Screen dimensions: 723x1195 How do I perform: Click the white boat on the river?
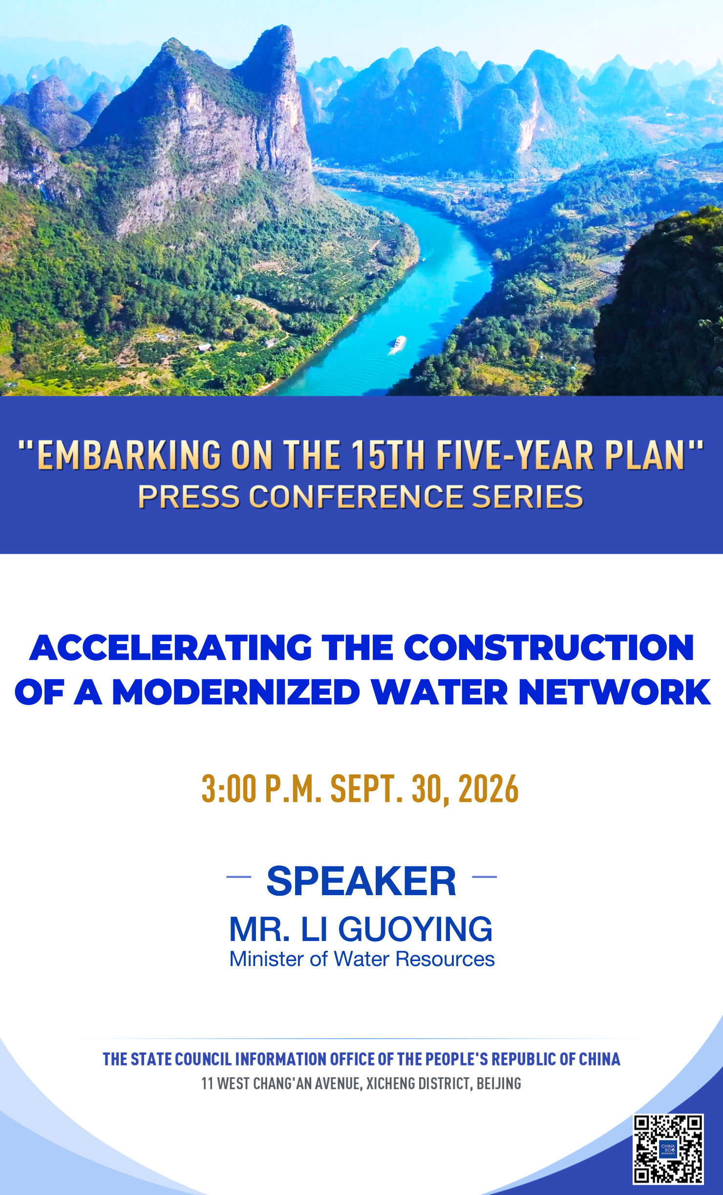[x=399, y=344]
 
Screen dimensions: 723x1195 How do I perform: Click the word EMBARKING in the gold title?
[x=129, y=456]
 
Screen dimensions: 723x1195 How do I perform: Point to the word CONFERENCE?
[x=356, y=497]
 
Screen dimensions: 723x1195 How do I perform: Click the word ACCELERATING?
[x=170, y=648]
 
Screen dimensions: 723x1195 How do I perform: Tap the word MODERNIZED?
[x=236, y=692]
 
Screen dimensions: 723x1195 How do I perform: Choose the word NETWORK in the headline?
[x=615, y=692]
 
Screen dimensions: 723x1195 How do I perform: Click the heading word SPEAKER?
[x=361, y=881]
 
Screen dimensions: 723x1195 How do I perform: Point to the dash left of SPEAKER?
[x=239, y=877]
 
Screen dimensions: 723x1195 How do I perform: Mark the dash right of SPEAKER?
[x=485, y=877]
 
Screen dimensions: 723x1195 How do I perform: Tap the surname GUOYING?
[x=415, y=929]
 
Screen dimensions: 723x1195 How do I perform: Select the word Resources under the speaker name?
[x=445, y=959]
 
